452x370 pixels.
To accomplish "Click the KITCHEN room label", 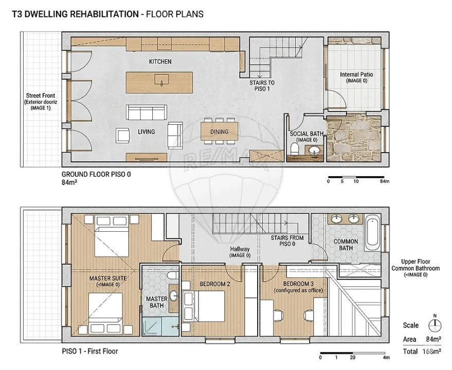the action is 160,61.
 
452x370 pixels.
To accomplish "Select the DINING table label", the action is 219,132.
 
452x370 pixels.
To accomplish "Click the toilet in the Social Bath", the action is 294,149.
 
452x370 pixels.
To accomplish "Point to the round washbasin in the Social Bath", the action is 313,151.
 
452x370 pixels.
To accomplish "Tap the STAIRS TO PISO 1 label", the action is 262,86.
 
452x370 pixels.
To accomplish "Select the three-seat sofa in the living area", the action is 147,113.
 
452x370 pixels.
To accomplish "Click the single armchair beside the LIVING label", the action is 123,136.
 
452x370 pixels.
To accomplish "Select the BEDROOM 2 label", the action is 215,284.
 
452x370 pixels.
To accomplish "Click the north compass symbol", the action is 435,326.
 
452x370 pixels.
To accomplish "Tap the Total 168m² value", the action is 431,351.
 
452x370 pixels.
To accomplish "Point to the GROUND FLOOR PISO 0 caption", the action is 96,174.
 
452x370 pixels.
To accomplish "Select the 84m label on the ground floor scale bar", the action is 385,181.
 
